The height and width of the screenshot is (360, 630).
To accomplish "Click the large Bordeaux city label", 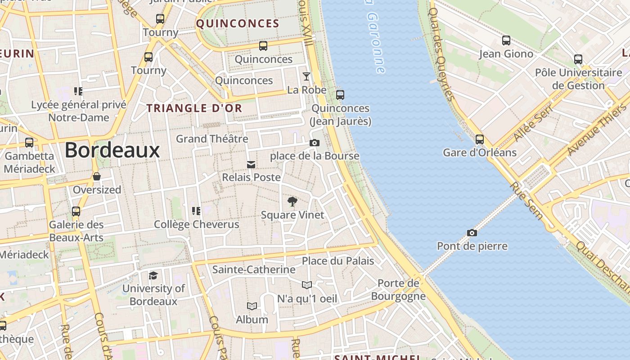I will (x=112, y=150).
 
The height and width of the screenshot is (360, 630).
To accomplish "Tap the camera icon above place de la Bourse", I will (x=314, y=143).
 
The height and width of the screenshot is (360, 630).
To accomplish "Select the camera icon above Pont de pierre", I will (x=472, y=233).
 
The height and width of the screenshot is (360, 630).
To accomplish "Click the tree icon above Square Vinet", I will (x=292, y=201).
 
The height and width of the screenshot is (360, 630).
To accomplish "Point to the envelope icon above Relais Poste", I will (x=251, y=165).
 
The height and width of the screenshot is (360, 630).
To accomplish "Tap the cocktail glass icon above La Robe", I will (x=306, y=76).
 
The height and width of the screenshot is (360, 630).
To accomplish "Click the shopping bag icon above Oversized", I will (x=97, y=176).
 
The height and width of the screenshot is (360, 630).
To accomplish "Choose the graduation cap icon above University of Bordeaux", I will (x=153, y=275).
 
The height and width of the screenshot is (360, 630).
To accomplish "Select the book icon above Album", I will (x=252, y=306).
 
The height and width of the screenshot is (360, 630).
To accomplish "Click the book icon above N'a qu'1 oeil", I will (x=307, y=285).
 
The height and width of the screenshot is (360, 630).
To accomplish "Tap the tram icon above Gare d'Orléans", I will (x=480, y=139).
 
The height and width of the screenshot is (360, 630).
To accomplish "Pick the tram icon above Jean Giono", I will (x=506, y=40).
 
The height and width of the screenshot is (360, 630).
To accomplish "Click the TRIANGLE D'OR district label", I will (x=194, y=108).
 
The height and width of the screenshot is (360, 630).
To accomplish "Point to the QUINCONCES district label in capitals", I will (x=238, y=24).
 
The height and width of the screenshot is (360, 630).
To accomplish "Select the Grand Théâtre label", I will (x=212, y=139).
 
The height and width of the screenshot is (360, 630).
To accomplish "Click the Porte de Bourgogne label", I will (x=398, y=289).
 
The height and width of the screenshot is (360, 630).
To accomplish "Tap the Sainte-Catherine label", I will (x=254, y=270).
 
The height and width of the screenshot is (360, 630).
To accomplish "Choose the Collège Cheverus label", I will (x=197, y=224).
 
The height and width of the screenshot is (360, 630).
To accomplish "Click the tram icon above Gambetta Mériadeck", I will (x=29, y=143).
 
